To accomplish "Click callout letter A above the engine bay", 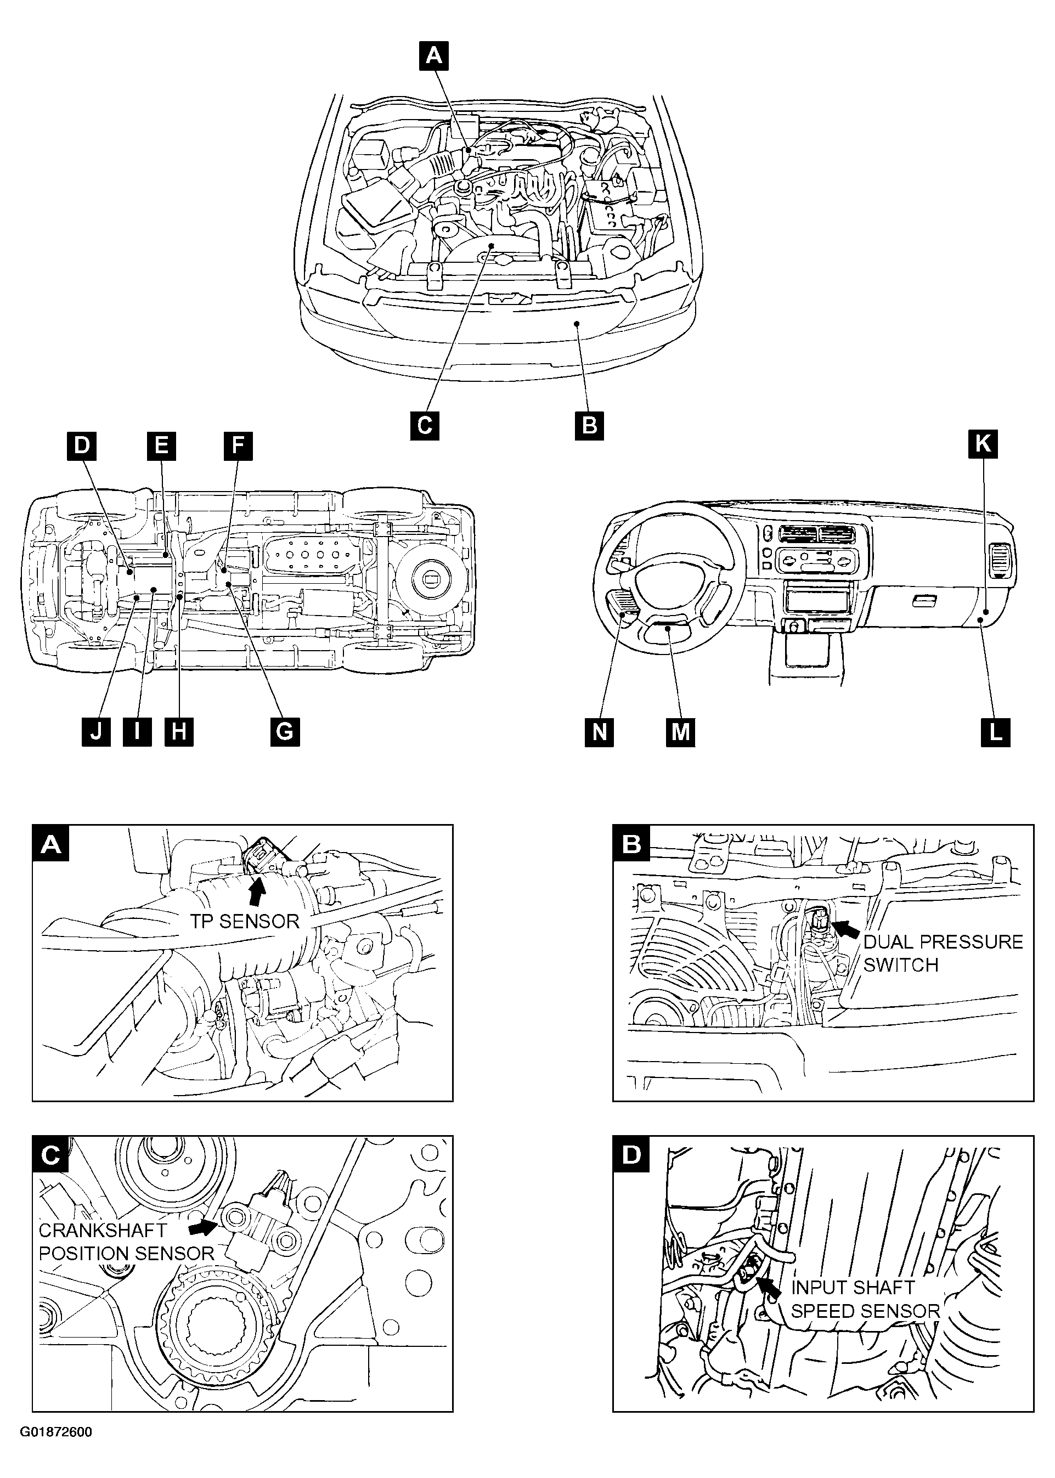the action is (434, 56).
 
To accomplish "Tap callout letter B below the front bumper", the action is (590, 426).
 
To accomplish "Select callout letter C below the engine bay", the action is (425, 426).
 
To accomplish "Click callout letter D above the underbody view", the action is (81, 445).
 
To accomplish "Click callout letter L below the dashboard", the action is (995, 732).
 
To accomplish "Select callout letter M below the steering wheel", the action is (680, 732).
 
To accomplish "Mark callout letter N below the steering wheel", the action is (599, 732).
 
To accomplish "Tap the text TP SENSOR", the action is (245, 921).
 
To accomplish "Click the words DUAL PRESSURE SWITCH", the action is (943, 953).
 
